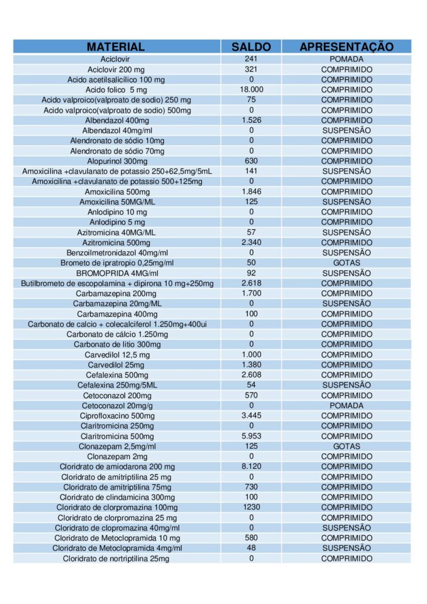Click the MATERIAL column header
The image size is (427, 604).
pos(116,47)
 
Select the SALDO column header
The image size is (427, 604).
pos(251,47)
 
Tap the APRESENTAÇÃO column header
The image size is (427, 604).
pos(346,47)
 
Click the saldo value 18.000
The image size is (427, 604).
pos(251,89)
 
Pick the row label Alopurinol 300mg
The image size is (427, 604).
pos(117,161)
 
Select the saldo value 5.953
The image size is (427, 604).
pos(251,436)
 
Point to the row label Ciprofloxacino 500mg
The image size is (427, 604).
pos(117,416)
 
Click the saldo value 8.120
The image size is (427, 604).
pos(251,466)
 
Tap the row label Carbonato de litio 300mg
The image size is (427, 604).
pos(117,344)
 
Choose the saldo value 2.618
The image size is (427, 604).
pos(251,283)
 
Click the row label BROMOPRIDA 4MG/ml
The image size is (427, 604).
pos(117,273)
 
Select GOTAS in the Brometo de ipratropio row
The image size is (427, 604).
pos(346,262)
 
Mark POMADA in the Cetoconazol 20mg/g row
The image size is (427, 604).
pos(346,406)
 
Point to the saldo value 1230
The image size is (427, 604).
pos(251,507)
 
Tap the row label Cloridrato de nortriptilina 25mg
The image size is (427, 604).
pos(116,559)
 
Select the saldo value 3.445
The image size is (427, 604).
pos(251,416)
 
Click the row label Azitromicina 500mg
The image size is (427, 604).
pos(116,242)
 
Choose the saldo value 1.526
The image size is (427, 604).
pos(251,120)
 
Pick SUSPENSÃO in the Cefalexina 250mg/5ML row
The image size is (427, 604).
pos(346,385)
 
